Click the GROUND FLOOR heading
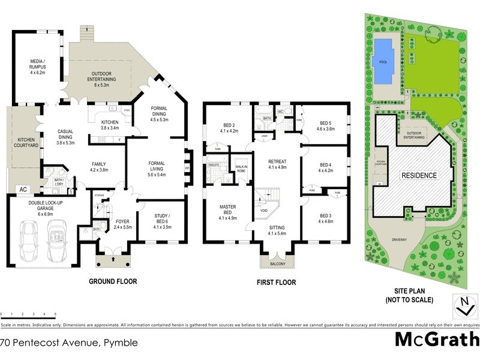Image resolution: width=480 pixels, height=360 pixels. click(113, 281)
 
